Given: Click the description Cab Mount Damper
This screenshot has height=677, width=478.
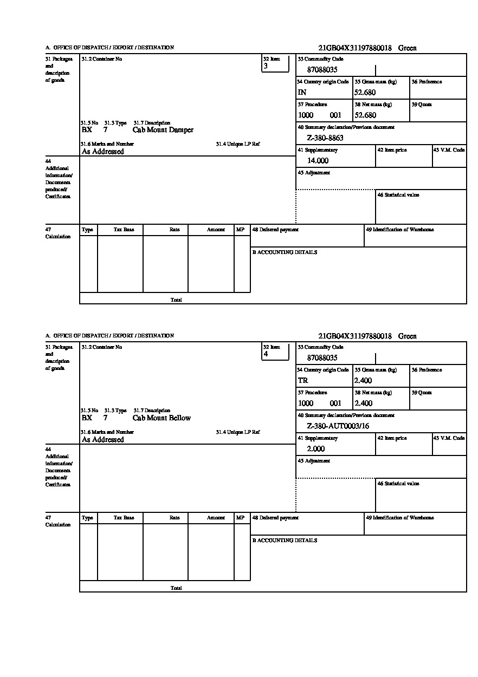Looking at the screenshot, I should [x=163, y=130].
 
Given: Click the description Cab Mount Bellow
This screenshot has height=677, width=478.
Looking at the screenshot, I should [x=162, y=418].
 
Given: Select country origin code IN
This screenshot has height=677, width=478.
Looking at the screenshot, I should [x=302, y=93].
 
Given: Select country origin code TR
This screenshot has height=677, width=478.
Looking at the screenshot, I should [x=302, y=381].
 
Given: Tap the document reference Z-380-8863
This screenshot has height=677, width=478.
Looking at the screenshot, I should [x=325, y=138].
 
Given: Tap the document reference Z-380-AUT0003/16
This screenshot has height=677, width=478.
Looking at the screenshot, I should [x=338, y=426].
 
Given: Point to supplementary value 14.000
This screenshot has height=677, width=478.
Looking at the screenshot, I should [x=318, y=161].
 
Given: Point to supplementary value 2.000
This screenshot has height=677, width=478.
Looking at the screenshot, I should [x=315, y=449].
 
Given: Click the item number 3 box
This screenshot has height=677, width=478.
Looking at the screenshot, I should [x=275, y=63].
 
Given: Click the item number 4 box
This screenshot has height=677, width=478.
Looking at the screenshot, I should [x=275, y=351].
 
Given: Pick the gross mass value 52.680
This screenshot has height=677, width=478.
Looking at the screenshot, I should [x=365, y=93].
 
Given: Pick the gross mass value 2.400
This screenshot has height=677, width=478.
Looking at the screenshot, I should [x=363, y=381].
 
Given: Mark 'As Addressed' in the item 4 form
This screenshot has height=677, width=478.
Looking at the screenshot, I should [x=103, y=440].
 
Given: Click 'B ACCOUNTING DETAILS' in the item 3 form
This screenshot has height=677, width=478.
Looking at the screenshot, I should [x=285, y=252].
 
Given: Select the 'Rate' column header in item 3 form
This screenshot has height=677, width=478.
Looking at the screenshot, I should [x=174, y=230].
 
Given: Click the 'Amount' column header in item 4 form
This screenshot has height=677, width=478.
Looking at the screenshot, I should [x=216, y=518].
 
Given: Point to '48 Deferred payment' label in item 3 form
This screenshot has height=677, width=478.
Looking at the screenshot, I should [x=275, y=230].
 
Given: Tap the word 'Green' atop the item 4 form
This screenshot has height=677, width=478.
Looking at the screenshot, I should [x=408, y=336].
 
